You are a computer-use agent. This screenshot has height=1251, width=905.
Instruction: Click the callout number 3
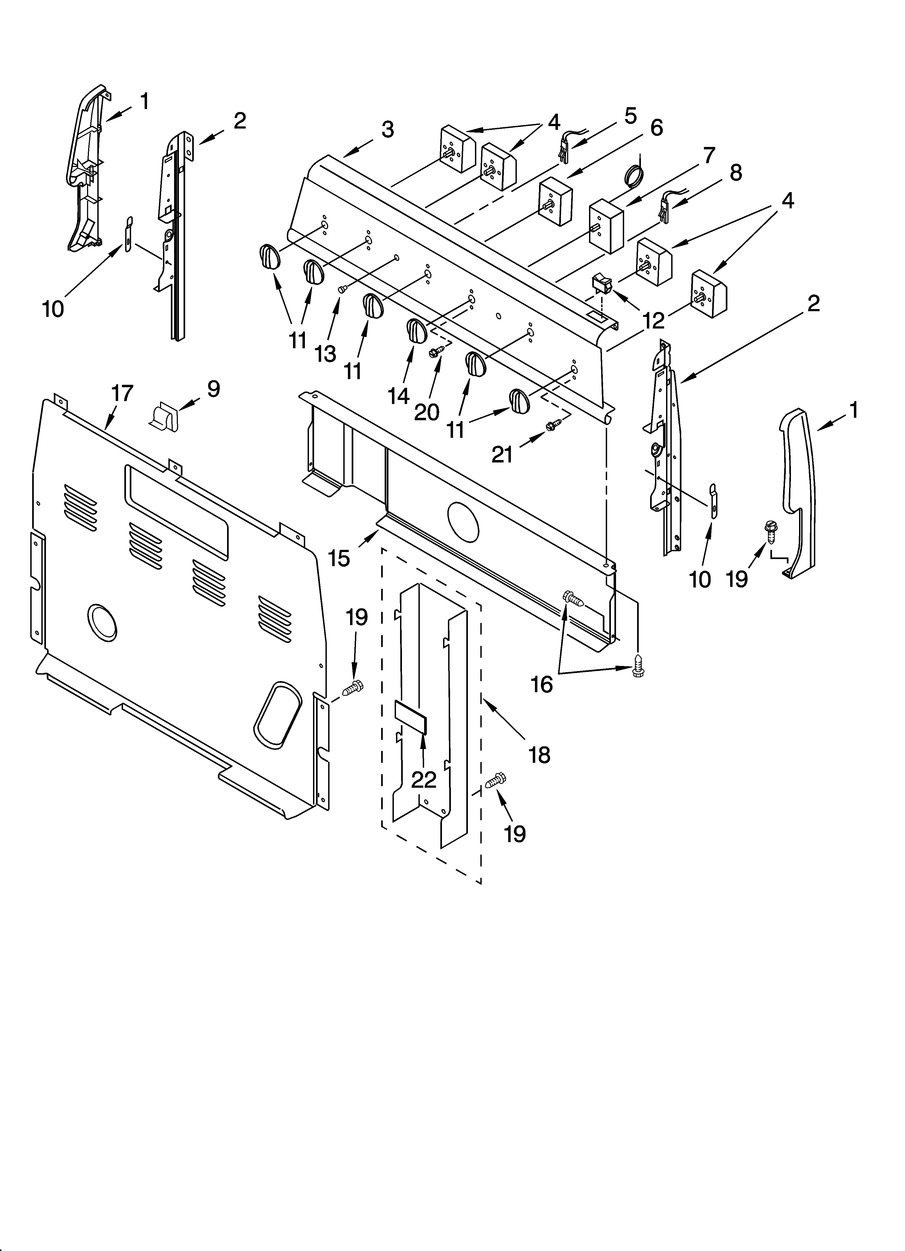(387, 130)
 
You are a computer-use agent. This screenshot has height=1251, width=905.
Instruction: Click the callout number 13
(326, 354)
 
